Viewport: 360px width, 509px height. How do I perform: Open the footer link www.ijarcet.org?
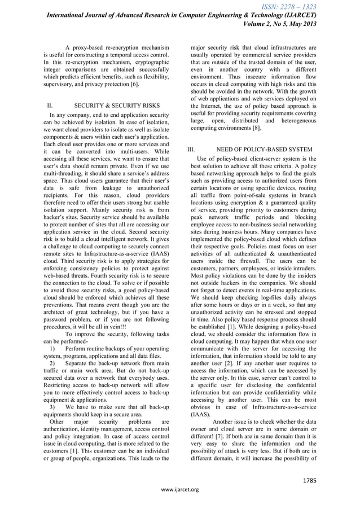coord(180,489)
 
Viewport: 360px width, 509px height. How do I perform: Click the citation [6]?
coord(131,84)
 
